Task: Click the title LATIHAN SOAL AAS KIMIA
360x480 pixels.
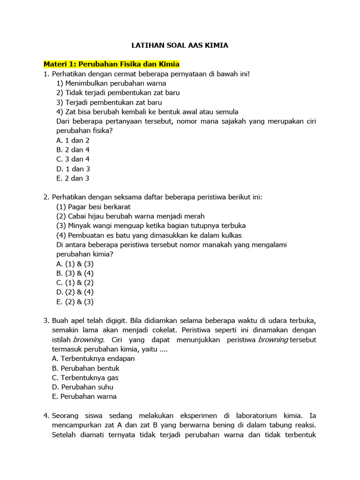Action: click(180, 45)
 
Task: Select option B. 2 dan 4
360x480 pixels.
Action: click(73, 150)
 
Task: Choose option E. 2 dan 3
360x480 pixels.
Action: click(73, 178)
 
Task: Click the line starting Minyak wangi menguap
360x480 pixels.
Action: click(150, 225)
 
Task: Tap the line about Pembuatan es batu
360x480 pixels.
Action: click(149, 235)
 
